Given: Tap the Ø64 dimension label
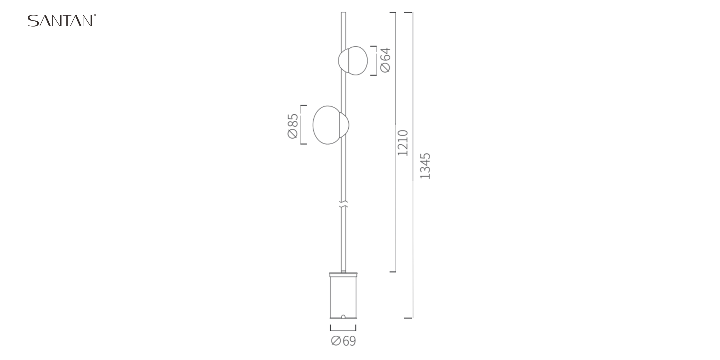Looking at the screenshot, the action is coord(385,60).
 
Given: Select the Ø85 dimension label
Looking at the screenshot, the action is coord(293,126).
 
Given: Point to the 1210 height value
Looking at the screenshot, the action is coord(403,143).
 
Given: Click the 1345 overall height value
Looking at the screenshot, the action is coord(425,166).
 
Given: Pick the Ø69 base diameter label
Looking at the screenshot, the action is coord(343,341).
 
